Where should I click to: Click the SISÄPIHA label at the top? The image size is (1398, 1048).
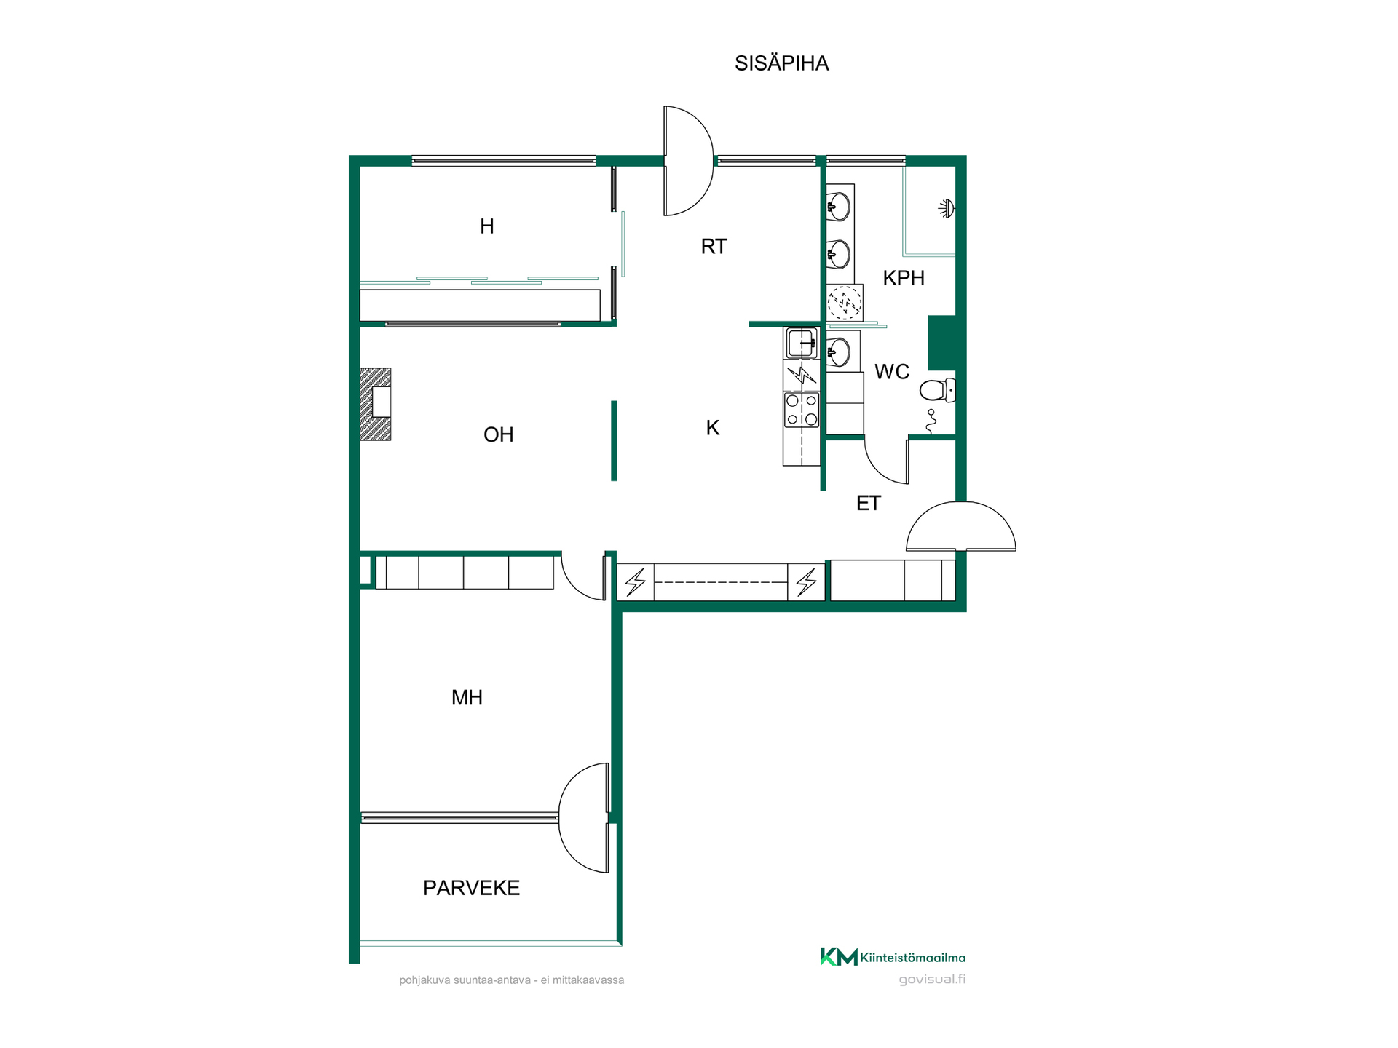click(x=781, y=64)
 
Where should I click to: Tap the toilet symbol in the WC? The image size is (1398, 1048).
click(x=938, y=391)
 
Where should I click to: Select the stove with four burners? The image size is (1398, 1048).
click(x=801, y=410)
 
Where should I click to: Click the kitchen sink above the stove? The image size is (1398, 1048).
click(x=801, y=343)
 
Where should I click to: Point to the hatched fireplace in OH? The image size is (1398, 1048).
click(x=376, y=404)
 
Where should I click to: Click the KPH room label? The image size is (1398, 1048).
click(x=904, y=278)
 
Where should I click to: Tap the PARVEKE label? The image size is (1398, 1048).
click(x=472, y=888)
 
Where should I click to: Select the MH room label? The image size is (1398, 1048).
click(x=467, y=698)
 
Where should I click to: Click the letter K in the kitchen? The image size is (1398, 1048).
click(x=713, y=428)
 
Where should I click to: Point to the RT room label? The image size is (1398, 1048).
click(x=714, y=247)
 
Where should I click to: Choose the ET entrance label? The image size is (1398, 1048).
click(x=869, y=503)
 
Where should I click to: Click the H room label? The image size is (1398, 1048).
click(x=487, y=227)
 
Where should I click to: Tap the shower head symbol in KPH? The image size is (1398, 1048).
click(x=947, y=209)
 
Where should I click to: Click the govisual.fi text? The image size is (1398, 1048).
click(x=932, y=980)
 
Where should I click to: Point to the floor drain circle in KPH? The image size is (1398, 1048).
click(x=845, y=302)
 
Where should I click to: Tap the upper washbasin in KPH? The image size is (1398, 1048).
click(x=839, y=207)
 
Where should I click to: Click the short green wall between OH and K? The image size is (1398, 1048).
click(x=615, y=441)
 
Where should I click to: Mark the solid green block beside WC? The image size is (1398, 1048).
click(x=942, y=343)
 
